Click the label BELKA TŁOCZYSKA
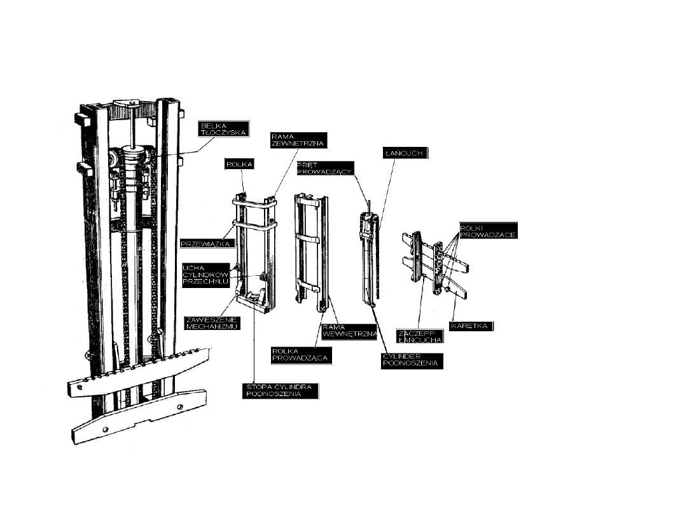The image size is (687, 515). click(x=223, y=129)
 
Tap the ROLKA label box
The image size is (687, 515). click(x=240, y=164)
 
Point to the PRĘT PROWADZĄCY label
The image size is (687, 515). click(x=325, y=168)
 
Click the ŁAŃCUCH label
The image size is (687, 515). click(x=405, y=153)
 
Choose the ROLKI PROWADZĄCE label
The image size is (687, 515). click(x=487, y=230)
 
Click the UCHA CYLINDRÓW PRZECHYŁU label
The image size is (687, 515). click(x=205, y=275)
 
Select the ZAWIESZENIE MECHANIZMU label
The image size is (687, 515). click(x=211, y=323)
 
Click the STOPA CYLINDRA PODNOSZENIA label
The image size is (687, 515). click(x=281, y=390)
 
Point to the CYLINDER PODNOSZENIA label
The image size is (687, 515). click(x=410, y=360)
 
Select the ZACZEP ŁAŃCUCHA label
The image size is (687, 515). click(x=420, y=336)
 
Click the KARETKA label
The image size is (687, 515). click(x=471, y=326)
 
